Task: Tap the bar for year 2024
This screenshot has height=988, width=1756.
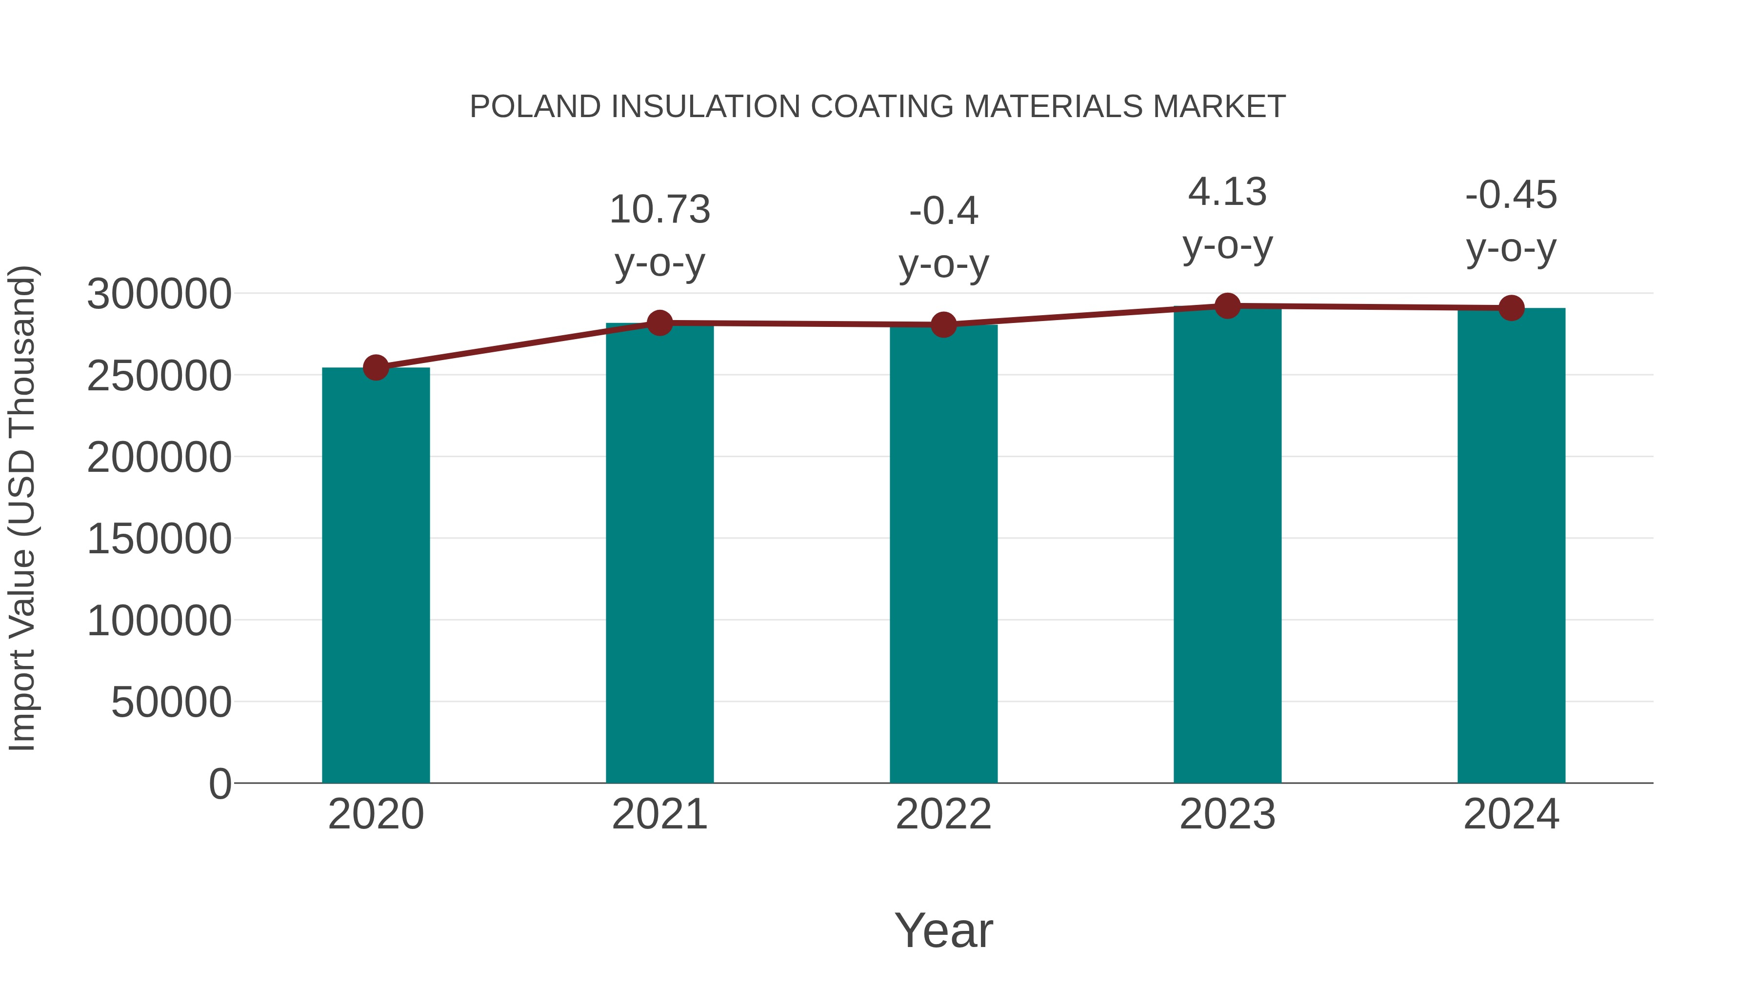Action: pos(1511,545)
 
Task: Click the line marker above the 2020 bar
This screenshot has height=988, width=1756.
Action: pos(376,367)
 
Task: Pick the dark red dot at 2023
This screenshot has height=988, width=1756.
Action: pos(1228,306)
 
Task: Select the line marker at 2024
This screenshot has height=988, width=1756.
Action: pos(1511,308)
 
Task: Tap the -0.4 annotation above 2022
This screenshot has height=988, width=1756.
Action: pos(943,211)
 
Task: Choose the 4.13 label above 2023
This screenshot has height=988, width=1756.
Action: pos(1228,192)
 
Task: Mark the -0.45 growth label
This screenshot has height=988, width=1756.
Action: pos(1511,195)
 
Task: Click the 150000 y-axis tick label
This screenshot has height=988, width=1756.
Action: pos(159,539)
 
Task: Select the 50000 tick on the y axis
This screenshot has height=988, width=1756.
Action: pos(171,702)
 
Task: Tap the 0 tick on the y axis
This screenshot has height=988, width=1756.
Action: pos(220,784)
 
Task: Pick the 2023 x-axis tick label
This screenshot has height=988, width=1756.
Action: pos(1228,814)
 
